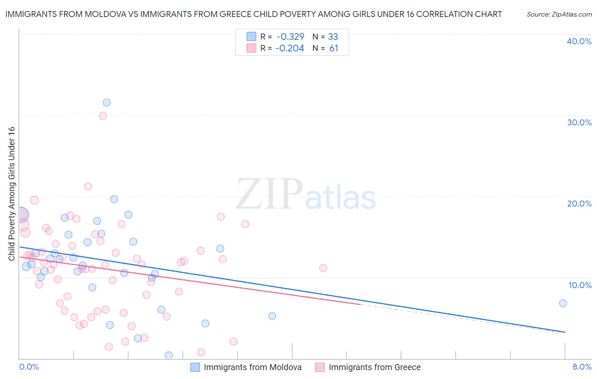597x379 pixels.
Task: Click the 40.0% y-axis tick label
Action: click(x=579, y=41)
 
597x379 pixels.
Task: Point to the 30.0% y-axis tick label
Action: click(x=579, y=122)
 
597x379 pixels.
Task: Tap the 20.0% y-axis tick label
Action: click(x=579, y=204)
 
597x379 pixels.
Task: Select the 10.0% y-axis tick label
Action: click(x=580, y=285)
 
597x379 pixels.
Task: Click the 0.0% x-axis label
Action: click(x=29, y=367)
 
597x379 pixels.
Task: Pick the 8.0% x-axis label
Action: click(x=582, y=367)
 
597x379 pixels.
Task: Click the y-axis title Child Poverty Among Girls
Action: click(x=11, y=194)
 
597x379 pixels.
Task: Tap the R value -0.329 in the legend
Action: click(x=290, y=37)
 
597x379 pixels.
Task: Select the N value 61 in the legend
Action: click(x=334, y=48)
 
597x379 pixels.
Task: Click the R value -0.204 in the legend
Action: click(x=290, y=48)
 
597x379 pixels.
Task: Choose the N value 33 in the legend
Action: click(x=333, y=37)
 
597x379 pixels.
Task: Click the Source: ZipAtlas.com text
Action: click(x=559, y=14)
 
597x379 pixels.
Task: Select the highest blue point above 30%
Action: click(x=107, y=102)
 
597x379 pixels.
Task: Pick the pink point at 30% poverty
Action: click(x=103, y=116)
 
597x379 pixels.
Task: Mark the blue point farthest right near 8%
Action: click(x=563, y=303)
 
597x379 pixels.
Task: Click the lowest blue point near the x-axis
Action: click(x=169, y=355)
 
